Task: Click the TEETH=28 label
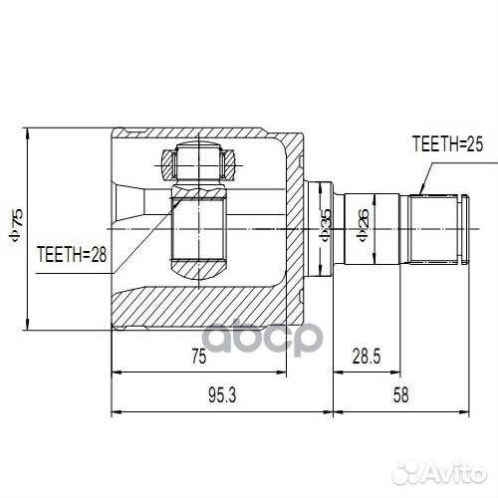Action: (71, 254)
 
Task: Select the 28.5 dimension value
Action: (368, 357)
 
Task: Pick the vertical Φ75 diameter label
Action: (15, 228)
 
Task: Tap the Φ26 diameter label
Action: (363, 228)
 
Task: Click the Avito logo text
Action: (450, 469)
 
